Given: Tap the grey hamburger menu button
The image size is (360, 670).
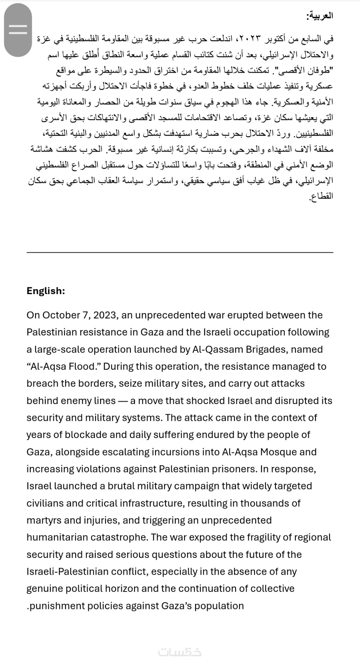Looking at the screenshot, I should tap(18, 30).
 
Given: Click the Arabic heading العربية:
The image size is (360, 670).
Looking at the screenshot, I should tap(320, 16).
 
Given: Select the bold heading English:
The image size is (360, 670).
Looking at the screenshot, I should tap(46, 291).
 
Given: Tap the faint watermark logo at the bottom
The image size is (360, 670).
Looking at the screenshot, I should tap(180, 653).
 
